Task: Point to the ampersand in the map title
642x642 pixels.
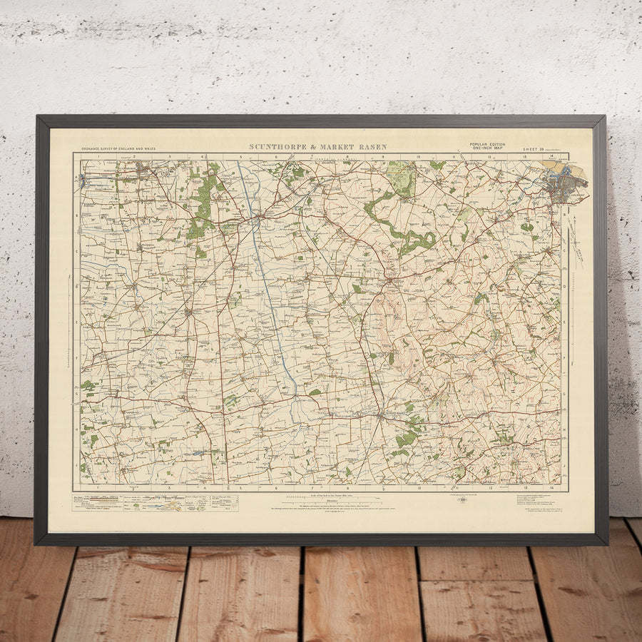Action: (312, 148)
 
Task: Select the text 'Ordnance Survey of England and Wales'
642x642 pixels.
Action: (118, 148)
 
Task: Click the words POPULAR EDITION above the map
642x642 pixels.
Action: (487, 144)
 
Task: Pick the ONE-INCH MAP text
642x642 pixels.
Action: (487, 148)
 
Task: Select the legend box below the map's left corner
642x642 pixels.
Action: (155, 502)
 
